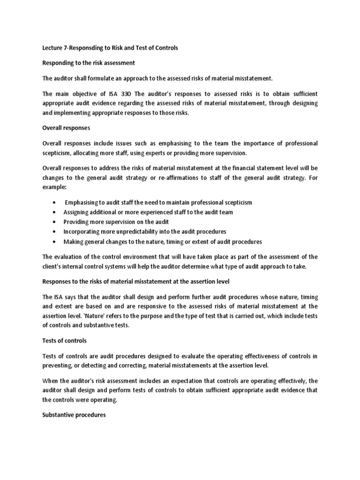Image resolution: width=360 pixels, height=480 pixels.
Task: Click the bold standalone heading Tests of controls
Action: [64, 341]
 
